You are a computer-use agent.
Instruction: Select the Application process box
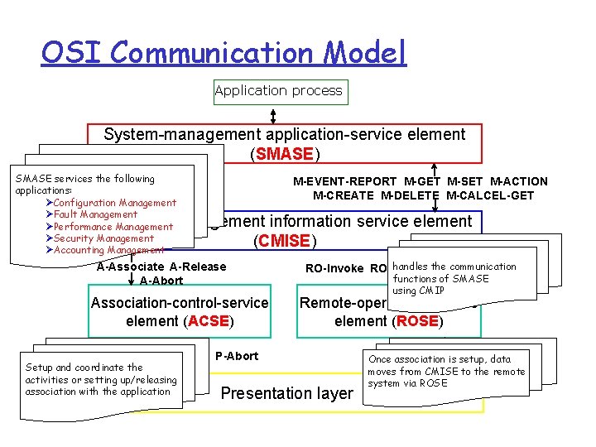[x=278, y=91]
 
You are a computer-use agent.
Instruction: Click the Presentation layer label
[x=286, y=394]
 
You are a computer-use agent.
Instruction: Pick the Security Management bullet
[x=103, y=238]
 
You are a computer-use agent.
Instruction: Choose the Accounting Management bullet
[x=108, y=250]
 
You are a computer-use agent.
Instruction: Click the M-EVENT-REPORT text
[x=345, y=181]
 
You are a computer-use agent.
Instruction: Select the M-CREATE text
[x=343, y=195]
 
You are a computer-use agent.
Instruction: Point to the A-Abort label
[x=161, y=281]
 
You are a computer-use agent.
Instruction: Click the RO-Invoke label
[x=335, y=268]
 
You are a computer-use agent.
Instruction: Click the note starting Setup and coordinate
[x=101, y=379]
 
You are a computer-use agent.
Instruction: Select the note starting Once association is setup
[x=447, y=371]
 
